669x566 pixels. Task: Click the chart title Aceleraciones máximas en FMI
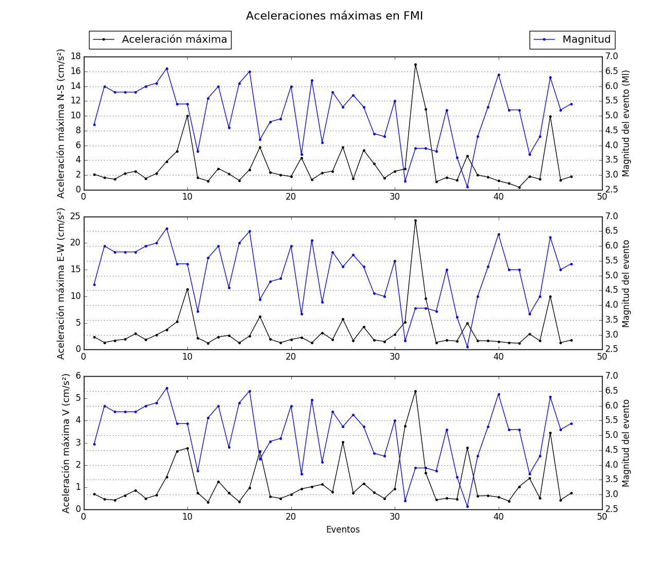tap(334, 16)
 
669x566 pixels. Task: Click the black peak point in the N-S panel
tap(415, 65)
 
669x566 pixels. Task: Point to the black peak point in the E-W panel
tap(415, 221)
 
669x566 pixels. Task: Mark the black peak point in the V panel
tap(415, 391)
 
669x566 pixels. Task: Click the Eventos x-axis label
tap(343, 529)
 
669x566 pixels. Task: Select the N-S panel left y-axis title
tap(61, 123)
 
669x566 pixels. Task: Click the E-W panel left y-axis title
tap(61, 284)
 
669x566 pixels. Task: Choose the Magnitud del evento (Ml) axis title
tap(626, 123)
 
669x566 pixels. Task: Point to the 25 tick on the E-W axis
tap(75, 216)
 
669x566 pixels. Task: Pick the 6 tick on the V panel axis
tap(78, 376)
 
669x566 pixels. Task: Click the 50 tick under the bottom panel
tap(602, 517)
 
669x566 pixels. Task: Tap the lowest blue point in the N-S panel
tap(467, 187)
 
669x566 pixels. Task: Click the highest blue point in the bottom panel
tap(167, 388)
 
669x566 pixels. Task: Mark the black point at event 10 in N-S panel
tap(187, 116)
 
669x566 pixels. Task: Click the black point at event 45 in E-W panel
tap(550, 296)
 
